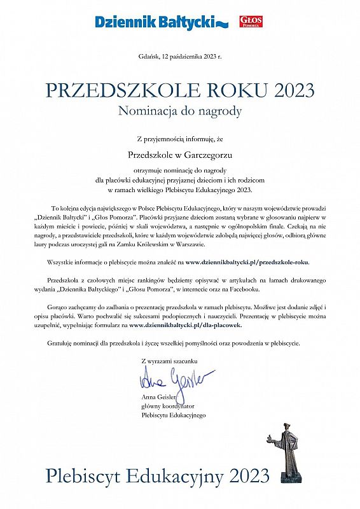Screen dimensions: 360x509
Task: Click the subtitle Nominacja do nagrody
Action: click(x=180, y=110)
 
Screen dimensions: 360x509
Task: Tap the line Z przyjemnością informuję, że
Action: click(x=180, y=138)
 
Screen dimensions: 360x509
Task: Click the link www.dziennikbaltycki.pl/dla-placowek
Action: click(x=186, y=324)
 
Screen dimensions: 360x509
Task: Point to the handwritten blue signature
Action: click(x=172, y=380)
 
